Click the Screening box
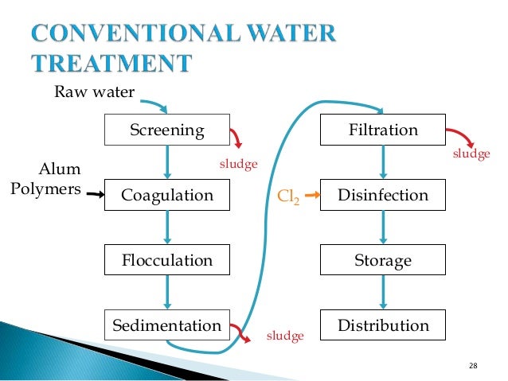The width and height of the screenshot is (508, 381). (x=167, y=130)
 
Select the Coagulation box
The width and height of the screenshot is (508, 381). (x=167, y=196)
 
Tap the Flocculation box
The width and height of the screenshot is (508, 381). (x=167, y=261)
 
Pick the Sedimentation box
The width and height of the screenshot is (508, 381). (x=167, y=325)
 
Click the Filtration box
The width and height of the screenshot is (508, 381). (x=383, y=130)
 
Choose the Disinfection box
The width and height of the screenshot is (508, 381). (x=383, y=196)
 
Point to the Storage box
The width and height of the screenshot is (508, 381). (x=383, y=261)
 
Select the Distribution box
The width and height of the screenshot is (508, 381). (x=383, y=325)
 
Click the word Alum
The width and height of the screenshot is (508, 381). (x=60, y=169)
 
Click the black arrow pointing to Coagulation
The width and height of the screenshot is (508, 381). (x=96, y=193)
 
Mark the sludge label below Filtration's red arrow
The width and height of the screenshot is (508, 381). (x=471, y=154)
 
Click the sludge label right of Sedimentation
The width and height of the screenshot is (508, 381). (x=284, y=336)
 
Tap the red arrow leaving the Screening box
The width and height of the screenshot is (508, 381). (x=236, y=138)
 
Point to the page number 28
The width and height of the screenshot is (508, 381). (x=474, y=365)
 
